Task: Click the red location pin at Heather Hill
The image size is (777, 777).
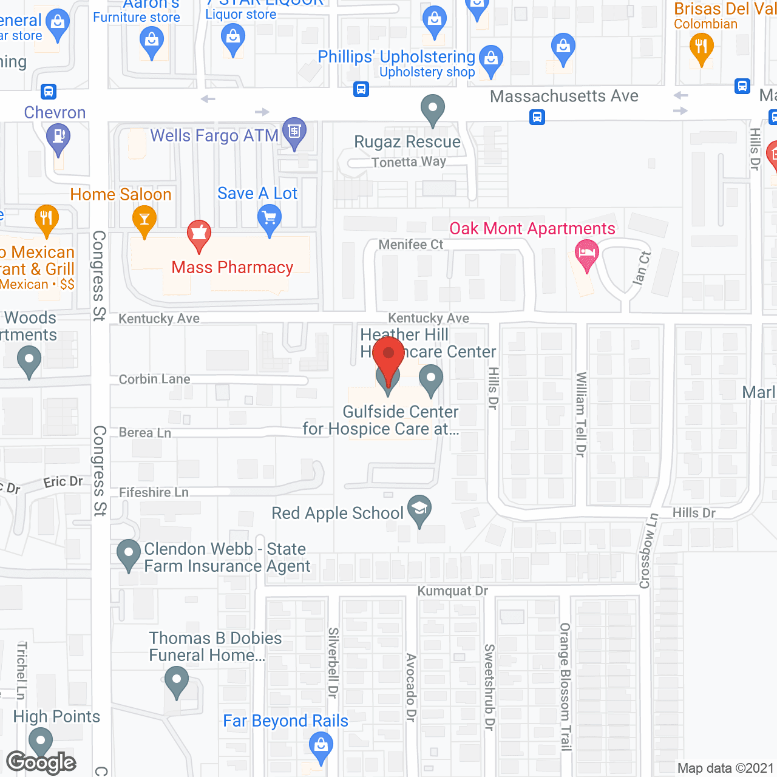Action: click(x=388, y=355)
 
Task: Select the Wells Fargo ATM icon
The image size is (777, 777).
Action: click(x=294, y=132)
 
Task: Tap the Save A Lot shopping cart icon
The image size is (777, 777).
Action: click(x=270, y=217)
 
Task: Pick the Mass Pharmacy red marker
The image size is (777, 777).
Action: click(x=198, y=234)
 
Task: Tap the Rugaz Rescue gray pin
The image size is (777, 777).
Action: click(x=432, y=109)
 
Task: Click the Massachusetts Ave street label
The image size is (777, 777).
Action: click(x=564, y=97)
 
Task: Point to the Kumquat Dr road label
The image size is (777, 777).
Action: click(x=452, y=591)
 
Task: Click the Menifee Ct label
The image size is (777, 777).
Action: click(x=411, y=245)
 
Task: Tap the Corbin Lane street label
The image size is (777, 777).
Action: click(x=155, y=379)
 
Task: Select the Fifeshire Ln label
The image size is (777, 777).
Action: click(x=154, y=492)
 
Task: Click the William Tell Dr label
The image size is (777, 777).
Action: click(x=581, y=414)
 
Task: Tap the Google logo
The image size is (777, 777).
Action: click(x=41, y=762)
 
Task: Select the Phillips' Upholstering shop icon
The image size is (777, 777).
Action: click(x=490, y=59)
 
